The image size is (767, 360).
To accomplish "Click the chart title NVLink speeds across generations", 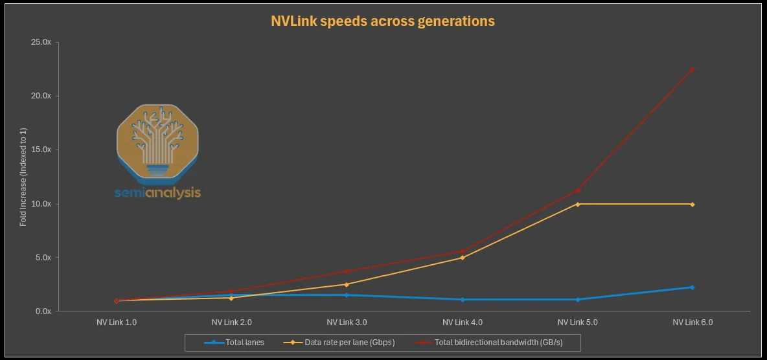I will [383, 21].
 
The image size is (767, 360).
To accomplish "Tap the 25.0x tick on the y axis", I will [41, 42].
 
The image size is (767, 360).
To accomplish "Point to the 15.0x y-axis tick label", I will [41, 150].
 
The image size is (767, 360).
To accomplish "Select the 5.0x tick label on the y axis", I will [43, 258].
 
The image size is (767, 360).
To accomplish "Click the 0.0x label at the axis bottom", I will [43, 311].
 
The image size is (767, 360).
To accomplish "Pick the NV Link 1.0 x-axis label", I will [117, 322].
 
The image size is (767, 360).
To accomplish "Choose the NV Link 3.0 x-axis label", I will [347, 322].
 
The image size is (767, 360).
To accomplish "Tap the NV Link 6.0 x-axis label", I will [693, 322].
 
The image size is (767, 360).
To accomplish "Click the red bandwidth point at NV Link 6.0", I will [693, 69].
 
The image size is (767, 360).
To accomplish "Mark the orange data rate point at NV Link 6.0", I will [693, 204].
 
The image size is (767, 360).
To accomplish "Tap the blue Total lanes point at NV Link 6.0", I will [693, 287].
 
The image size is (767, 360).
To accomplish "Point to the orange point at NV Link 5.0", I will [577, 204].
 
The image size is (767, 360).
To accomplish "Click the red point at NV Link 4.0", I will [462, 251].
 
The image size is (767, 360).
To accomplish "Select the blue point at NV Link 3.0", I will [347, 295].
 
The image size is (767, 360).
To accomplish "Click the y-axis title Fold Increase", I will [23, 177].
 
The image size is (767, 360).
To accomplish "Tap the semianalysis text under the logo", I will [157, 193].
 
